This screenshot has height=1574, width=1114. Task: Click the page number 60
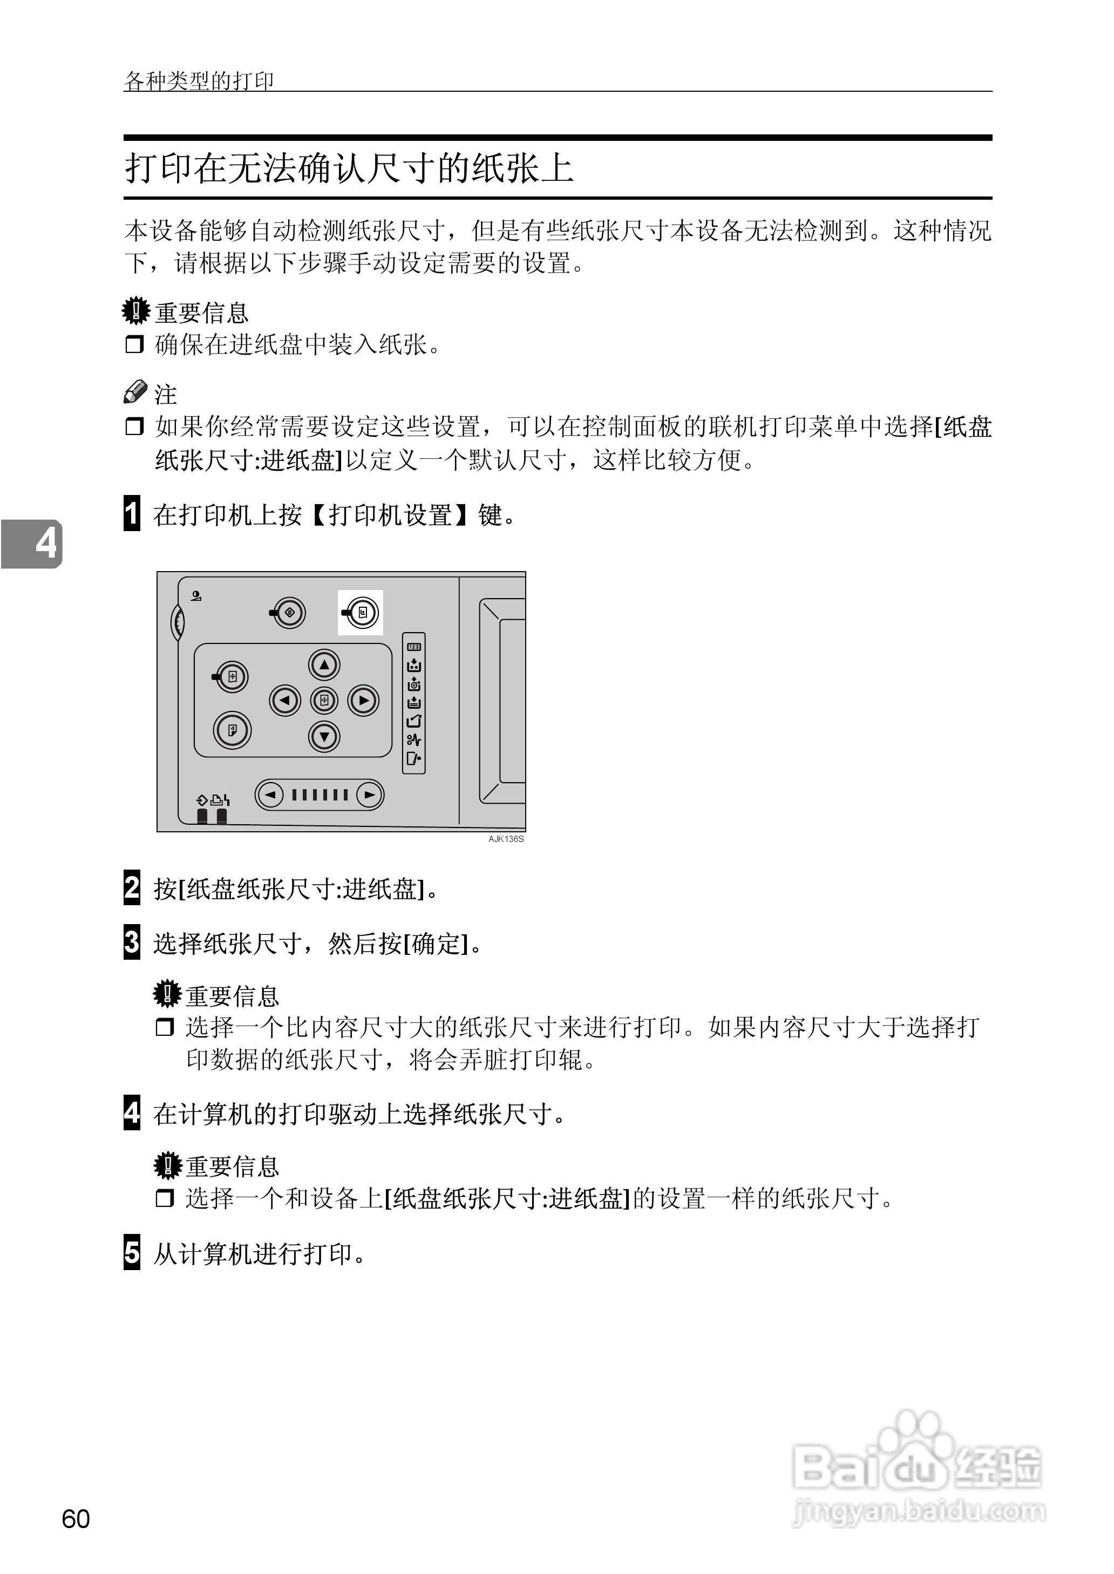(76, 1518)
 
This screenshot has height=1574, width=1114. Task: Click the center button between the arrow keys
(324, 700)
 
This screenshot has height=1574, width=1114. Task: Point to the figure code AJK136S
(506, 839)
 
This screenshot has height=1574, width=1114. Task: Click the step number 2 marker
(132, 887)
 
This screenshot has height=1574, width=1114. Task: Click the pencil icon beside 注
(135, 392)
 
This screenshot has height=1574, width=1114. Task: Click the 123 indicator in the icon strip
(413, 646)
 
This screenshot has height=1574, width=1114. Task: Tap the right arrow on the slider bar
(370, 795)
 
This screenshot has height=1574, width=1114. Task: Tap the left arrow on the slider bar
(270, 795)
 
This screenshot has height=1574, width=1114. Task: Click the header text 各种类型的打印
(199, 81)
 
